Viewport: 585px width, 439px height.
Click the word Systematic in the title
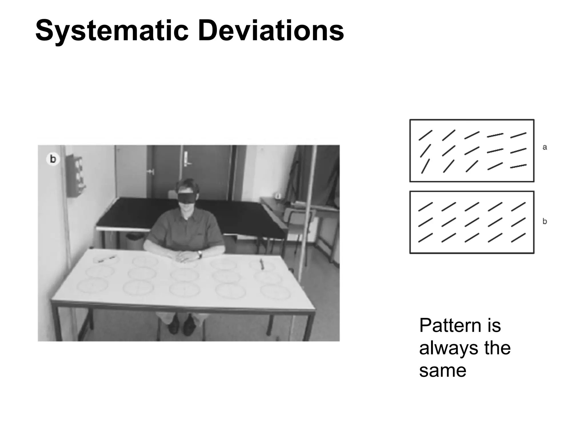coord(112,31)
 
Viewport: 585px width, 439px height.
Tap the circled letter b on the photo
coord(53,159)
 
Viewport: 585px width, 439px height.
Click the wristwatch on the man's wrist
coord(200,254)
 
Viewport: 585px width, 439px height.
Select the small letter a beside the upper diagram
coord(545,147)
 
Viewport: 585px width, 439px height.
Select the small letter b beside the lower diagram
coord(545,222)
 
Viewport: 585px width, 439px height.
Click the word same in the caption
coord(442,370)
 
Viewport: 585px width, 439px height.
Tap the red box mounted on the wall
coord(76,176)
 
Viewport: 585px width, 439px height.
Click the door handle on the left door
coord(150,172)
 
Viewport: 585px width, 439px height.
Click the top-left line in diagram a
coord(425,135)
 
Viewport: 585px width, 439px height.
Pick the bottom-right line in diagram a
coord(518,166)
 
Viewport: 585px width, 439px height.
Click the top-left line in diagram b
coord(425,207)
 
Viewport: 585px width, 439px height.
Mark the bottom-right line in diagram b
coord(518,238)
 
